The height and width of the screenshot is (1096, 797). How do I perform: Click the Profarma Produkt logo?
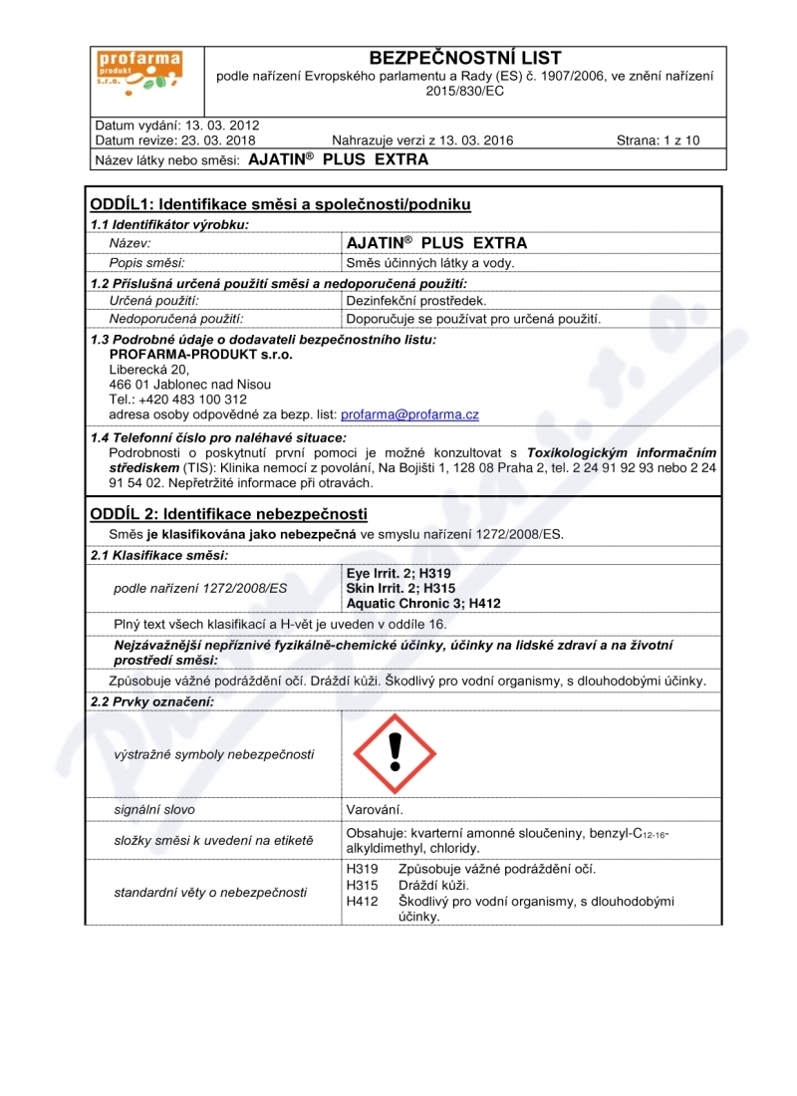(138, 75)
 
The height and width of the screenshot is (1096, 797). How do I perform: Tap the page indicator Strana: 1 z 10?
(658, 140)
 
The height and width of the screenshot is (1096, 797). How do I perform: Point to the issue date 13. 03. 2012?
(215, 126)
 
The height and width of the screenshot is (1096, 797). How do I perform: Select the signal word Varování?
(375, 809)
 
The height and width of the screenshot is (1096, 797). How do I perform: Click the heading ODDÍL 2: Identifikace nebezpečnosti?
(229, 514)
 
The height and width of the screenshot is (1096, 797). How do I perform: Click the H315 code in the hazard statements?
(359, 885)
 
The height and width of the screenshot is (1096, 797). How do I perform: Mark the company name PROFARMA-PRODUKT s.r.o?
(187, 354)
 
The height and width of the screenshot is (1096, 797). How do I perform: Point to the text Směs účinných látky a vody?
(429, 263)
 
